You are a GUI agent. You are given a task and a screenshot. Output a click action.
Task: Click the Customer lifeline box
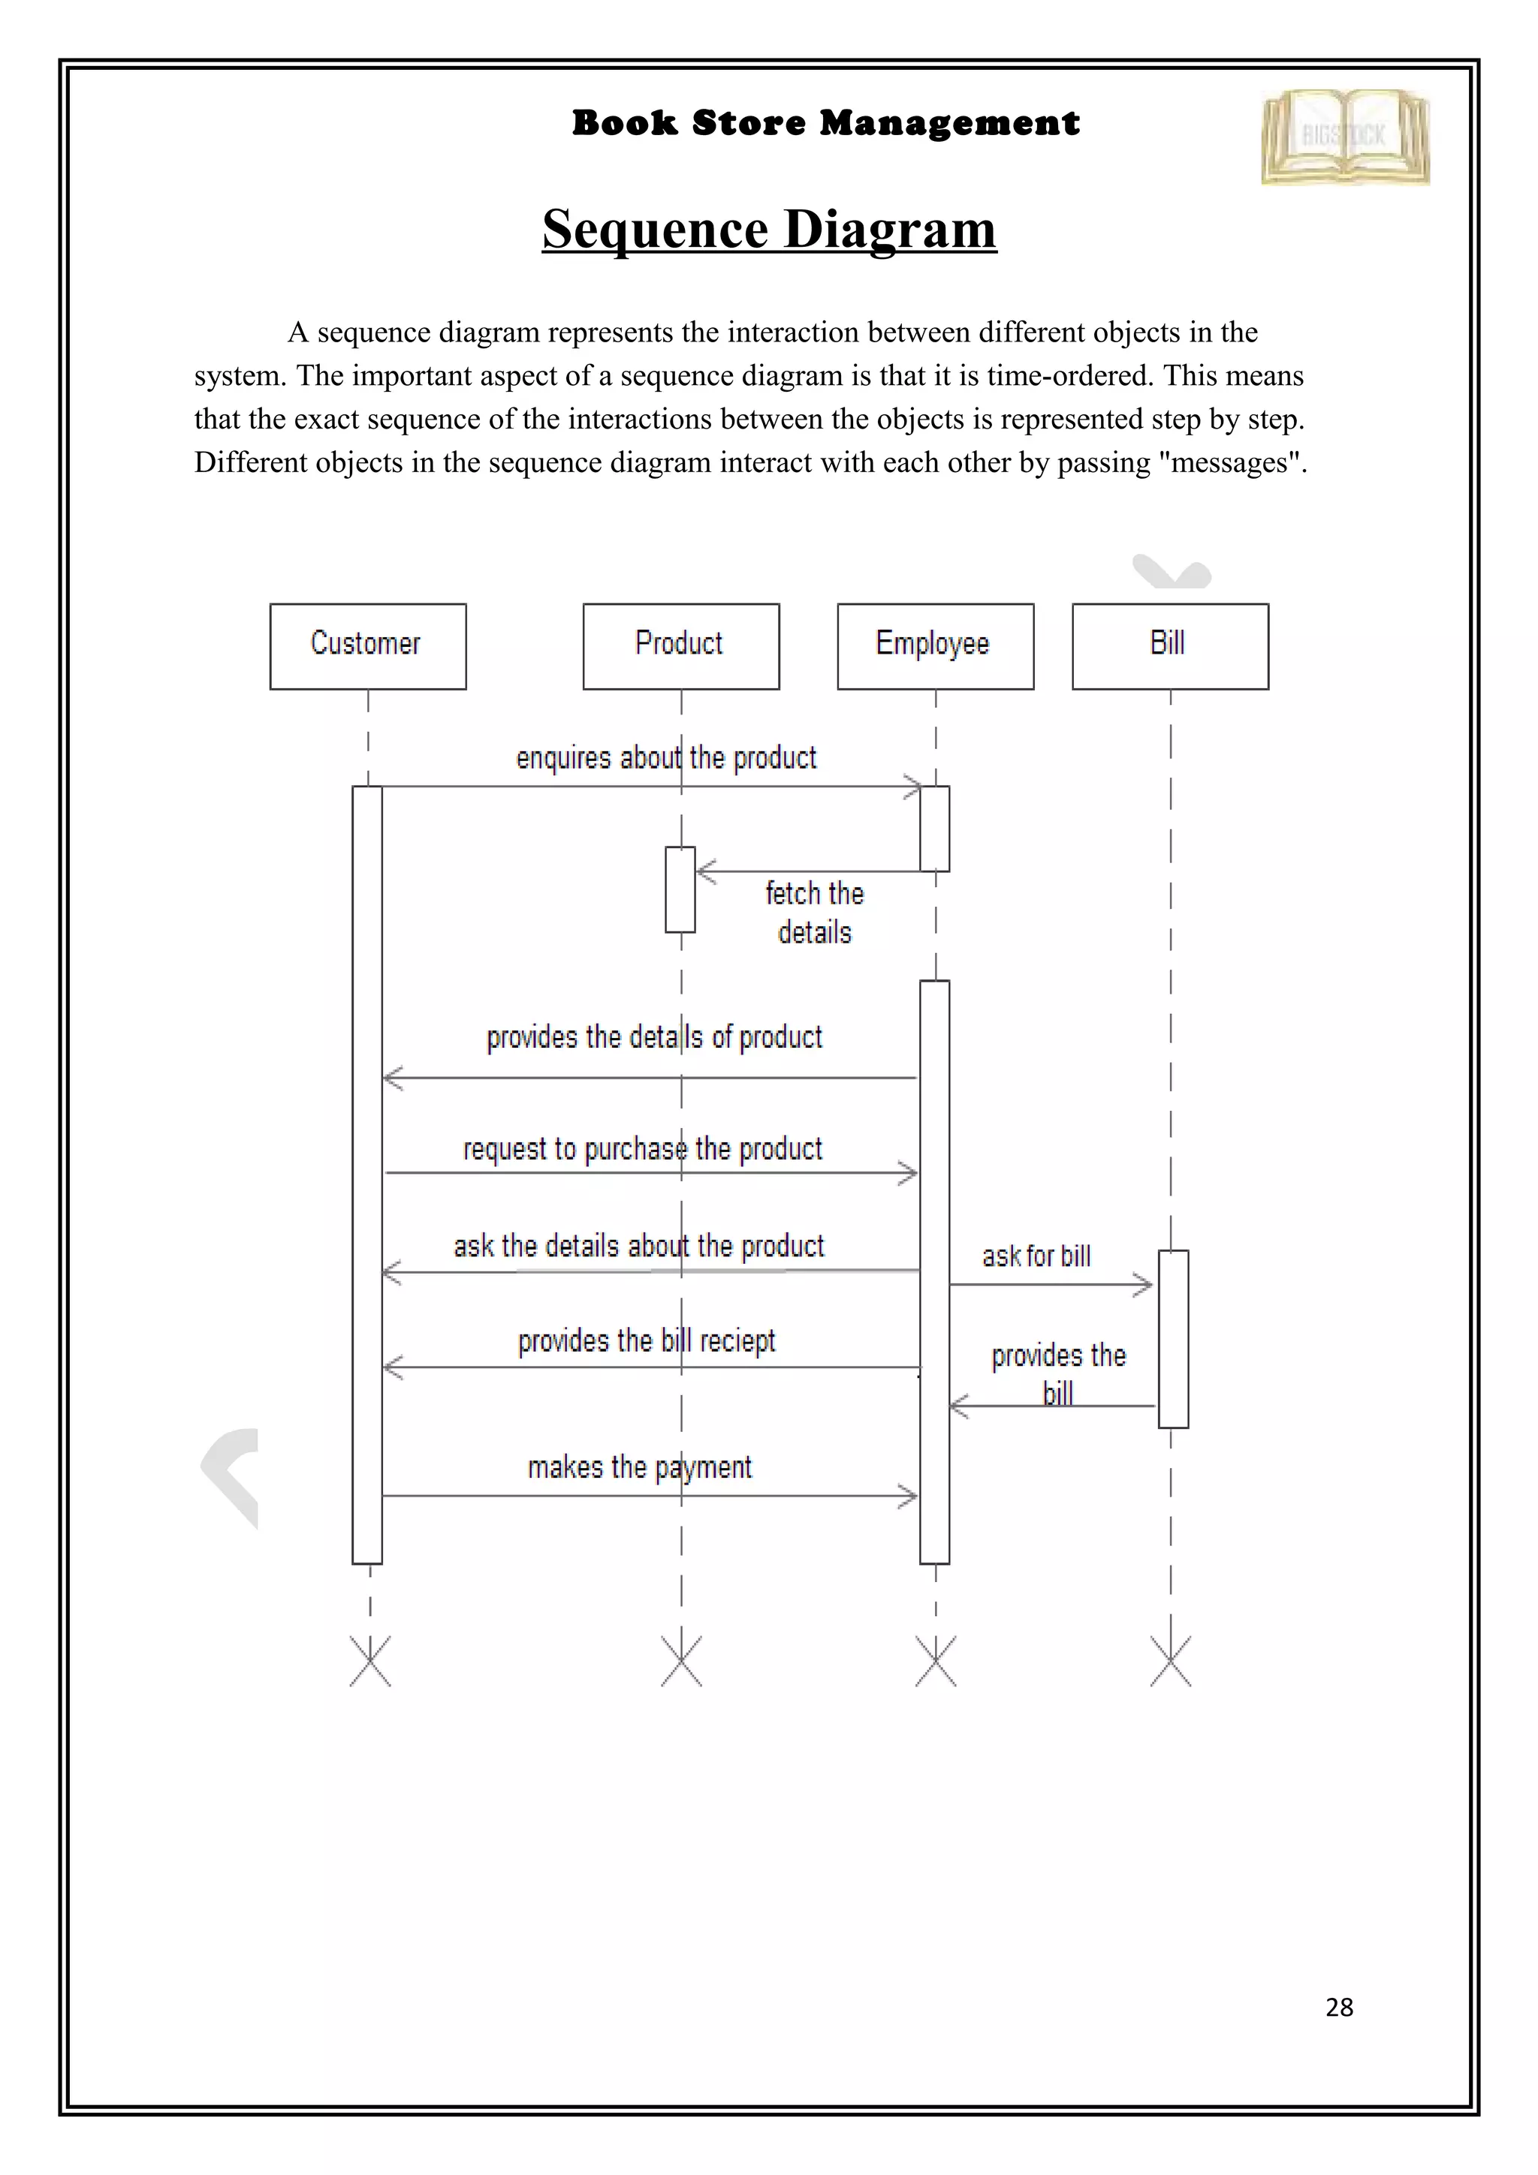pyautogui.click(x=368, y=646)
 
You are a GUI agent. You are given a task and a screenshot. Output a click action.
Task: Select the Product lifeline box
pyautogui.click(x=680, y=646)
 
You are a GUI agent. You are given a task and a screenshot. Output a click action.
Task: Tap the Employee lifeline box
pyautogui.click(x=934, y=646)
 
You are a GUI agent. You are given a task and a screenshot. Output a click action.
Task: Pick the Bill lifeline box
pyautogui.click(x=1169, y=646)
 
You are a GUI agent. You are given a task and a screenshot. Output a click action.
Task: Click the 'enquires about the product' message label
pyautogui.click(x=665, y=758)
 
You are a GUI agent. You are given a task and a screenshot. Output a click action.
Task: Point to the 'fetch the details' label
pyautogui.click(x=814, y=912)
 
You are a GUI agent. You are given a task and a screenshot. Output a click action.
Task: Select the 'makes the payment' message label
pyautogui.click(x=640, y=1467)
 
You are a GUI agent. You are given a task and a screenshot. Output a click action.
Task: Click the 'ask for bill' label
pyautogui.click(x=1036, y=1256)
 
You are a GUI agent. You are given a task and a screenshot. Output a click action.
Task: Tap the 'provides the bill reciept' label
pyautogui.click(x=647, y=1341)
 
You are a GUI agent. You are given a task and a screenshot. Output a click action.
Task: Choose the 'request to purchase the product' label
pyautogui.click(x=643, y=1149)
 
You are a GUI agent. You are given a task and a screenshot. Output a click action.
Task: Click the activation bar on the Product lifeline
pyautogui.click(x=680, y=889)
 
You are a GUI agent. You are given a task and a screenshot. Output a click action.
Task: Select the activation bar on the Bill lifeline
pyautogui.click(x=1173, y=1338)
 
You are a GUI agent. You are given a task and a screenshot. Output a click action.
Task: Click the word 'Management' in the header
pyautogui.click(x=949, y=123)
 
